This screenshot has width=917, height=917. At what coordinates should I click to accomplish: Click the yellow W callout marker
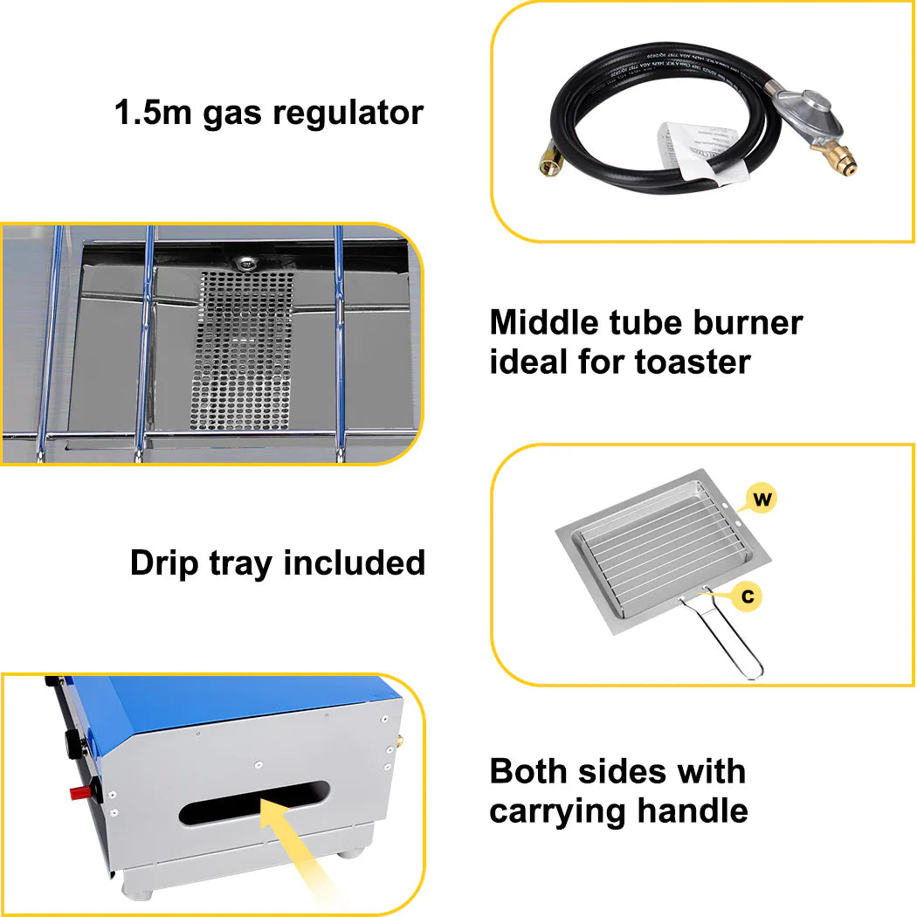point(762,500)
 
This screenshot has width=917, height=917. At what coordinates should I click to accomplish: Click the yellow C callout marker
point(748,596)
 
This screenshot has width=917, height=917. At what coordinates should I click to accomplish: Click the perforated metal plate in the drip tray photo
point(245,349)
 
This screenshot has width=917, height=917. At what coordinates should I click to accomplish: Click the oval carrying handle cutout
point(254,803)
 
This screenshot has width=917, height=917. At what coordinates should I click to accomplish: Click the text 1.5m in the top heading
point(154,113)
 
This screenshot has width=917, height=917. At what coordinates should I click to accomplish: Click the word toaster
point(693,361)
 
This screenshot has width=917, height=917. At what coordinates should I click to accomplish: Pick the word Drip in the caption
point(162,563)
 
